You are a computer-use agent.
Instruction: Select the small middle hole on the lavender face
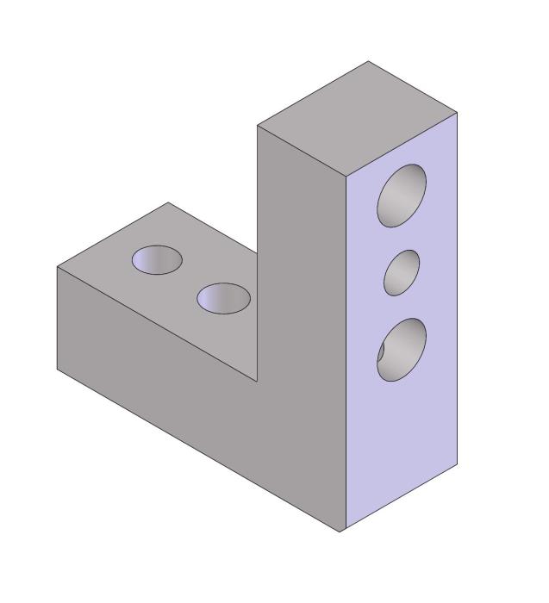pyautogui.click(x=402, y=272)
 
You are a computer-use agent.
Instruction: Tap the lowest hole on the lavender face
pyautogui.click(x=402, y=350)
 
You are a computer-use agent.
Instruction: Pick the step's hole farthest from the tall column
pyautogui.click(x=157, y=259)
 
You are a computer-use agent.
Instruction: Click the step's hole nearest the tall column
pyautogui.click(x=223, y=298)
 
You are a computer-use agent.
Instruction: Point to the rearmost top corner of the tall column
pyautogui.click(x=369, y=61)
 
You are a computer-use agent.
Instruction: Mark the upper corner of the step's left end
pyautogui.click(x=57, y=267)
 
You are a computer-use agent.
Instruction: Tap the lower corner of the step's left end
pyautogui.click(x=57, y=370)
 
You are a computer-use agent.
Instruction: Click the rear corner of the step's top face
pyautogui.click(x=168, y=202)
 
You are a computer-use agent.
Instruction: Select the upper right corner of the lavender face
pyautogui.click(x=457, y=113)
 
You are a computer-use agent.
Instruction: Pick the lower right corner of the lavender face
pyautogui.click(x=457, y=464)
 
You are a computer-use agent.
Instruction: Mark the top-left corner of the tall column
pyautogui.click(x=258, y=126)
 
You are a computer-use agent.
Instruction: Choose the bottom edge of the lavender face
pyautogui.click(x=401, y=498)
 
